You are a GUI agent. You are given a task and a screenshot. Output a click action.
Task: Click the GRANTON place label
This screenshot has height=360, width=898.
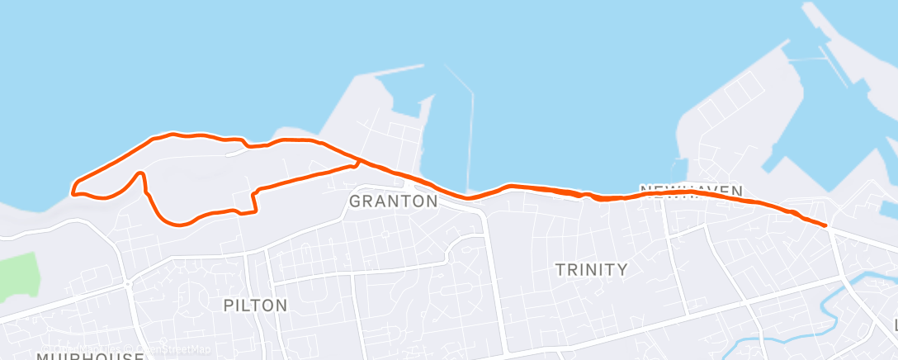click(393, 201)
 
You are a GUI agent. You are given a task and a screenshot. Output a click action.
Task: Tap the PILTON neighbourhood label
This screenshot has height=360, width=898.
click(256, 306)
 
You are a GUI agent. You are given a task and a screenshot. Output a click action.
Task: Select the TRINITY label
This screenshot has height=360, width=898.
click(591, 269)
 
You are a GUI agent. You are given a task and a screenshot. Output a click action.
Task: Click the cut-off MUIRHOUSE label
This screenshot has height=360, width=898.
click(91, 356)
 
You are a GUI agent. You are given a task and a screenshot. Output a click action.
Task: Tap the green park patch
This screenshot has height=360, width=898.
click(17, 277)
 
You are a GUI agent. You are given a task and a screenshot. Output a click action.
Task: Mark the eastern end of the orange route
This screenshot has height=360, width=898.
click(825, 225)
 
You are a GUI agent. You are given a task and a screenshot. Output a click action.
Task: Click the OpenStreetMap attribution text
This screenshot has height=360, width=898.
click(165, 349)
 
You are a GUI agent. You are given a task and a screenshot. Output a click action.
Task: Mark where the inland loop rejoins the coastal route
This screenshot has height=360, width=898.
click(357, 159)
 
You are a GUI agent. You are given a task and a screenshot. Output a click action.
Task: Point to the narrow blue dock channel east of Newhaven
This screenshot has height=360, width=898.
click(777, 157)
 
